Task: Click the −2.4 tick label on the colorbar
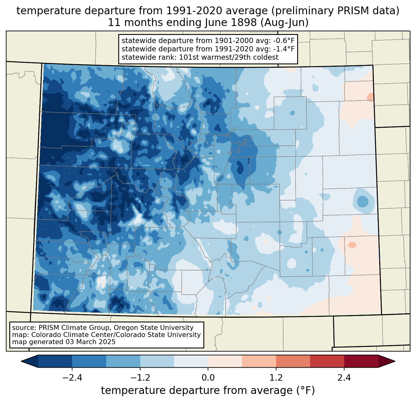pos(72,378)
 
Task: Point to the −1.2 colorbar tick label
pos(140,378)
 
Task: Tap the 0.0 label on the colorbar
pos(208,378)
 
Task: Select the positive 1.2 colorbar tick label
pos(276,378)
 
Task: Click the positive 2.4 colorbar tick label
pos(344,378)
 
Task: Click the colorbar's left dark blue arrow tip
pos(21,361)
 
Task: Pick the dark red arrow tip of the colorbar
pos(395,361)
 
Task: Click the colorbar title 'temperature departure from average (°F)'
pos(208,391)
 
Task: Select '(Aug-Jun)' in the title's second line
pos(284,23)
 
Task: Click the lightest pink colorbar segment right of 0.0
pos(225,361)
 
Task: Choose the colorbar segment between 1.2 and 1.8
pos(293,361)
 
